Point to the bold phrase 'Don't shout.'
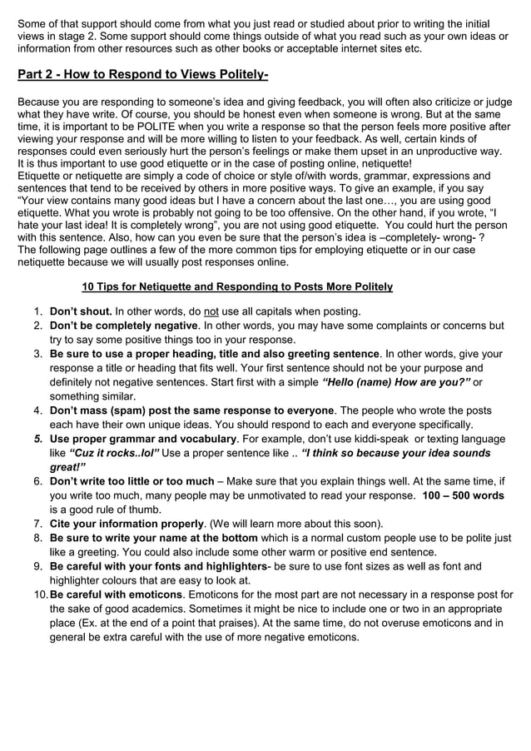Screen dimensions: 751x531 81,311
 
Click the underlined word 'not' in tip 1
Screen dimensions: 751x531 215,311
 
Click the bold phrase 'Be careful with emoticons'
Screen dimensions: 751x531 116,594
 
